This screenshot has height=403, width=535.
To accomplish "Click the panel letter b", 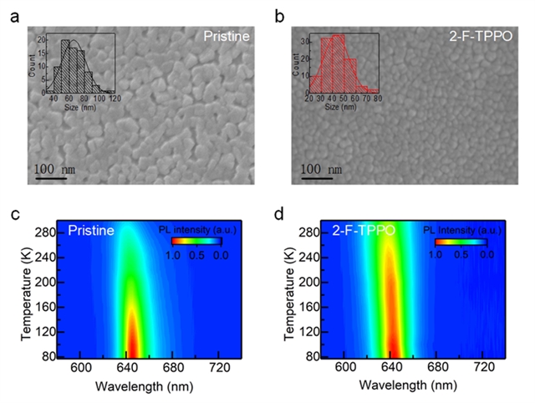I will pyautogui.click(x=280, y=16).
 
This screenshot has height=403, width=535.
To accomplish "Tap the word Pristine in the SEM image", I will pyautogui.click(x=227, y=37).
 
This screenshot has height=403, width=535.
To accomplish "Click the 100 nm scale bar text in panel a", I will pyautogui.click(x=55, y=169).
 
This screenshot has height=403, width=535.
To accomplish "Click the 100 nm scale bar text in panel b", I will pyautogui.click(x=322, y=170).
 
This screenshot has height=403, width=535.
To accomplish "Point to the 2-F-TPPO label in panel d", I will pyautogui.click(x=364, y=229).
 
